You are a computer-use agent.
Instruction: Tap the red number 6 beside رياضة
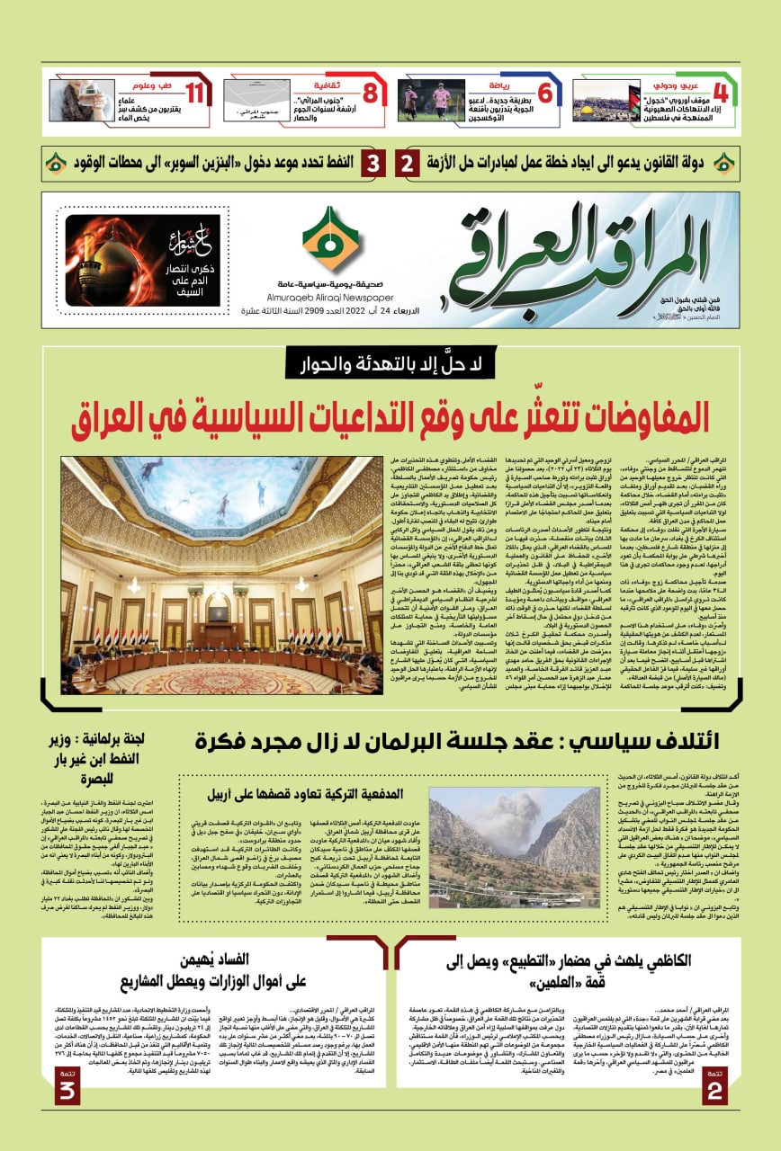tap(544, 91)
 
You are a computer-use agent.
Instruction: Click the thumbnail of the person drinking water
tap(82, 101)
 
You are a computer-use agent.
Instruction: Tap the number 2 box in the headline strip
tap(407, 165)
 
